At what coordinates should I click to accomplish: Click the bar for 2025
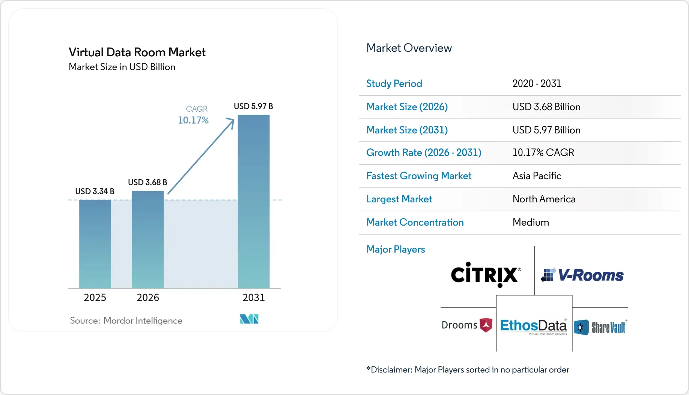95,244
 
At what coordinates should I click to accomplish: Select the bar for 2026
148,239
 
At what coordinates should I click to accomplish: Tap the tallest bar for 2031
254,202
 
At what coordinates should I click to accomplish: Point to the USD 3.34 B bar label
95,191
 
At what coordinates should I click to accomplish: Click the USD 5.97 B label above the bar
253,106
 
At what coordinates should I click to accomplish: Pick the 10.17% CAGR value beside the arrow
193,120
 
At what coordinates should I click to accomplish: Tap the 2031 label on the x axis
254,298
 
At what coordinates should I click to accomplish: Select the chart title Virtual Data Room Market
137,52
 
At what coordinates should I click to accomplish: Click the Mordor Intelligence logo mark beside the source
249,319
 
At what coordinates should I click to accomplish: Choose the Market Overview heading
409,48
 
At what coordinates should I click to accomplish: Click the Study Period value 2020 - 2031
537,83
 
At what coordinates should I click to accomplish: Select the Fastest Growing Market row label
419,176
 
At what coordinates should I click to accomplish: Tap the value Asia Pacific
537,176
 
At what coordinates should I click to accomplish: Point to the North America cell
544,199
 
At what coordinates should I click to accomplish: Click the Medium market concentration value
531,222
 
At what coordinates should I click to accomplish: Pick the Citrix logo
486,274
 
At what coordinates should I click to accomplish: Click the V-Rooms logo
582,275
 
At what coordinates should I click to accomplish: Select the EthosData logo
534,326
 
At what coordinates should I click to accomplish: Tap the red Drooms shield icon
486,325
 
